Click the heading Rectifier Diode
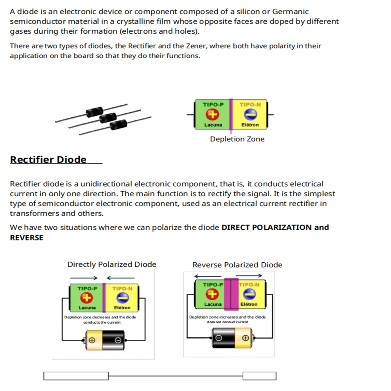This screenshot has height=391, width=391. (x=48, y=160)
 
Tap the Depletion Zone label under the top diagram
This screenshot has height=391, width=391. (x=237, y=139)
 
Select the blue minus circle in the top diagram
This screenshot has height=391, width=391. (x=250, y=115)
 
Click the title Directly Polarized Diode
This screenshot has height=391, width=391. (x=112, y=264)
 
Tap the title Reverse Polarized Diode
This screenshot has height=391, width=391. (x=237, y=265)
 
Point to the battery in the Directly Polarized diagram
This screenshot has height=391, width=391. (x=104, y=340)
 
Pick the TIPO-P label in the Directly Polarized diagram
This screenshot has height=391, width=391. (x=87, y=289)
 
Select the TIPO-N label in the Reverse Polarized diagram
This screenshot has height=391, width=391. (x=249, y=285)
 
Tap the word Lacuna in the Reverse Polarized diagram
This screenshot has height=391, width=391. (x=213, y=304)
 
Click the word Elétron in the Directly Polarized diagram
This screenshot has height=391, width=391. (x=122, y=308)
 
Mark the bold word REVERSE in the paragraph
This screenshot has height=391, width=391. (x=27, y=237)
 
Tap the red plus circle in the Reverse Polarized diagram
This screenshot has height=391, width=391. (x=212, y=294)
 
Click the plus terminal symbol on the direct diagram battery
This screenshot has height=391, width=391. (x=91, y=340)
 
